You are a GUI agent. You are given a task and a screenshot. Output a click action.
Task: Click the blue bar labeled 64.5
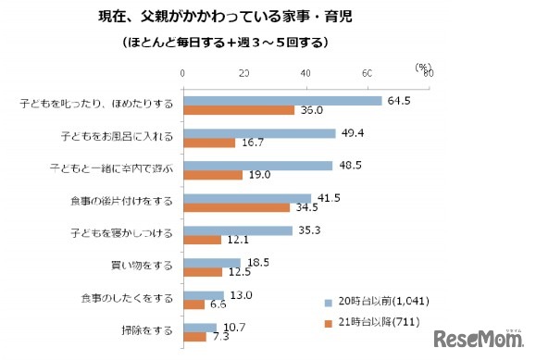coord(282,101)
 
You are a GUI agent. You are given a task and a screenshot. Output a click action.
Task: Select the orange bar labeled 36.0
coord(239,110)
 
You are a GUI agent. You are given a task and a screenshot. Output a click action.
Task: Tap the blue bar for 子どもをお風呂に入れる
coord(259,133)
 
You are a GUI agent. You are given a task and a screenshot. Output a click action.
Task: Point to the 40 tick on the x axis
coord(306,73)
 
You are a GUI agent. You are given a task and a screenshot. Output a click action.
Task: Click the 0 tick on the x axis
coord(183,73)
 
